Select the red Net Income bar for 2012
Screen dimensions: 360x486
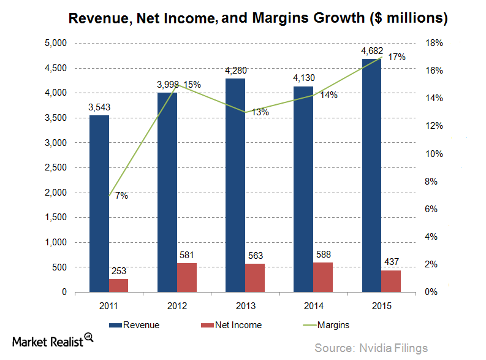tap(187, 277)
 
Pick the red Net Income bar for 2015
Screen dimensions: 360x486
tap(391, 281)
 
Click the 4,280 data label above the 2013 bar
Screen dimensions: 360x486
tap(235, 72)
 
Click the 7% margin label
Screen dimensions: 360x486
tap(121, 196)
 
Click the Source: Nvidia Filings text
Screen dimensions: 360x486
tap(371, 348)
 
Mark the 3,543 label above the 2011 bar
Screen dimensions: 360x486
tap(99, 107)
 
